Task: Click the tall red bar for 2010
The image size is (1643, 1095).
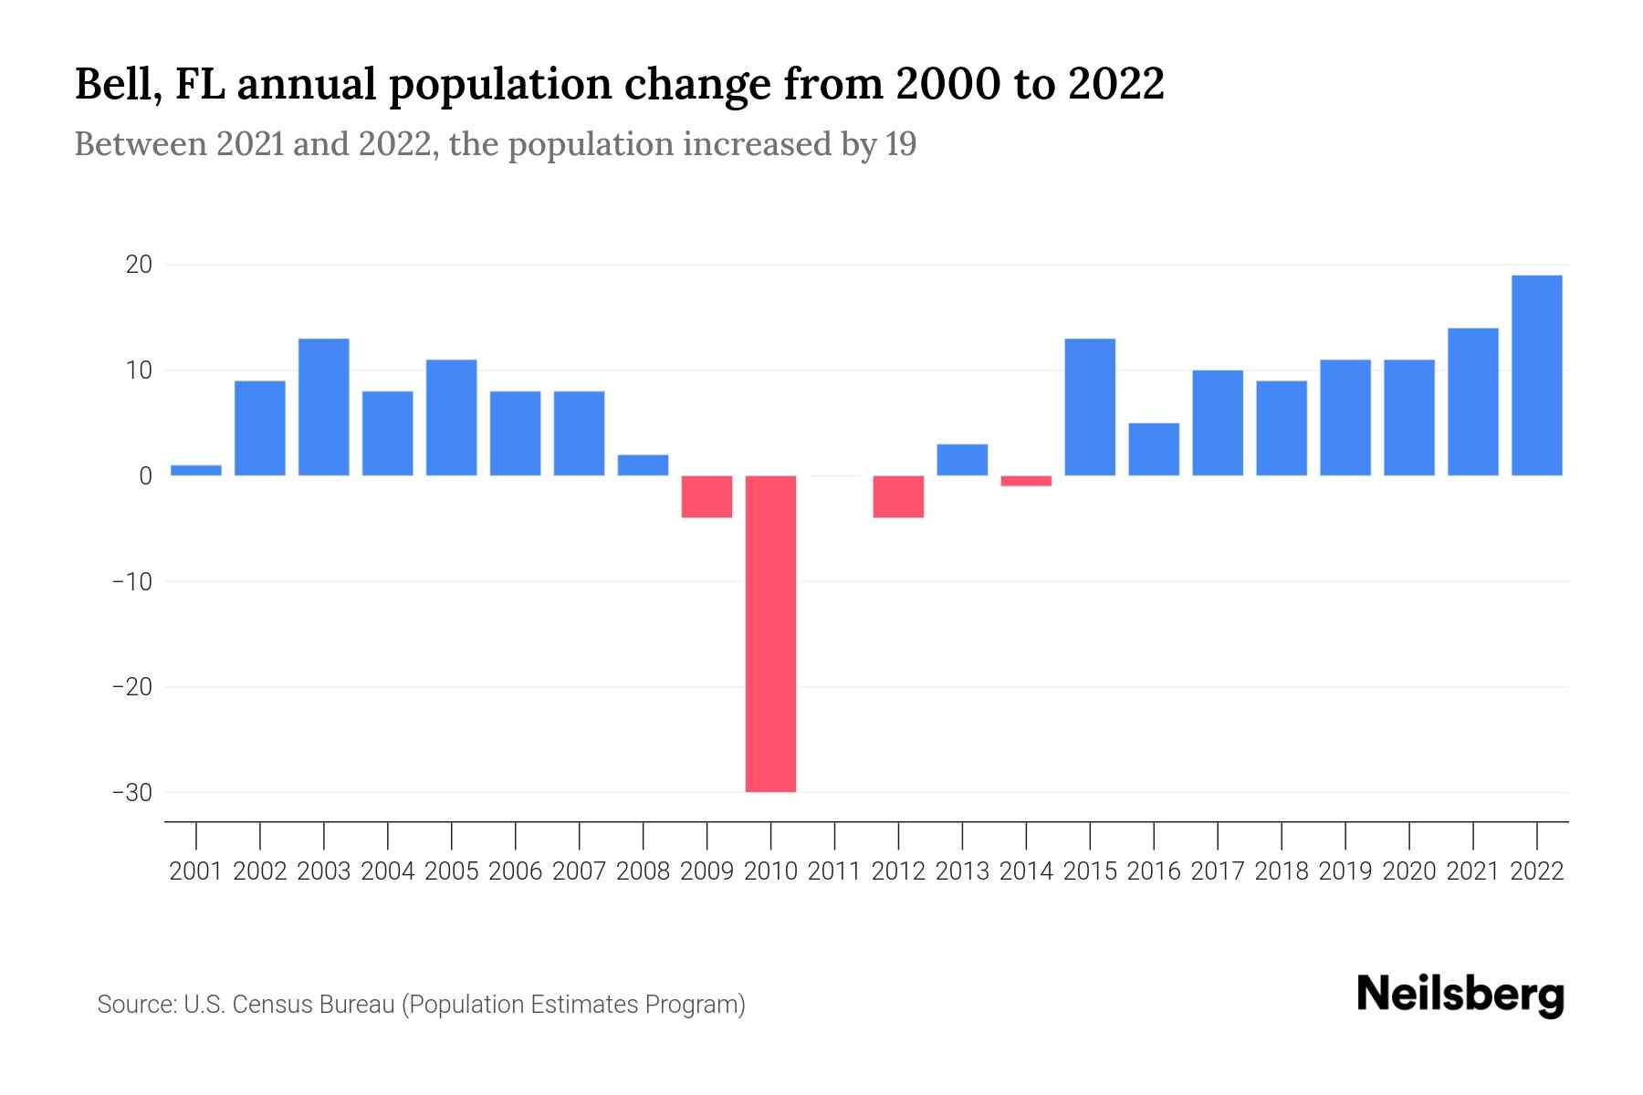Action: (770, 633)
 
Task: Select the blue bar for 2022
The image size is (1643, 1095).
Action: (1536, 375)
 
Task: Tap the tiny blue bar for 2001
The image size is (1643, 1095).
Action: (196, 470)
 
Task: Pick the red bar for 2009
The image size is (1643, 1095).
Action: (706, 496)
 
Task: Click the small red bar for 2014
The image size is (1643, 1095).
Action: (1026, 481)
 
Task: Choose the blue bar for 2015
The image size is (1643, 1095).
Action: (1090, 407)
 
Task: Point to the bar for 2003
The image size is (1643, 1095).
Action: (324, 407)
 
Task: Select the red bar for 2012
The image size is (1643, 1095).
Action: (898, 496)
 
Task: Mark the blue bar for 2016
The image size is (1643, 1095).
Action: (1154, 449)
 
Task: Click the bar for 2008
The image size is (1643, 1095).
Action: (643, 464)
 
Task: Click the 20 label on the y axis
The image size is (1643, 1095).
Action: (139, 265)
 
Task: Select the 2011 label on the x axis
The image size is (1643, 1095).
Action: (834, 871)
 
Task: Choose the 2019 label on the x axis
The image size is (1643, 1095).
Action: (1345, 871)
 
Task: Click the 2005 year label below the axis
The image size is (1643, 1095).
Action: (452, 871)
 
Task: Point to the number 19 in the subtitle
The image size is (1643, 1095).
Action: (900, 144)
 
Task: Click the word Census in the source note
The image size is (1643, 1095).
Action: (273, 1005)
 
